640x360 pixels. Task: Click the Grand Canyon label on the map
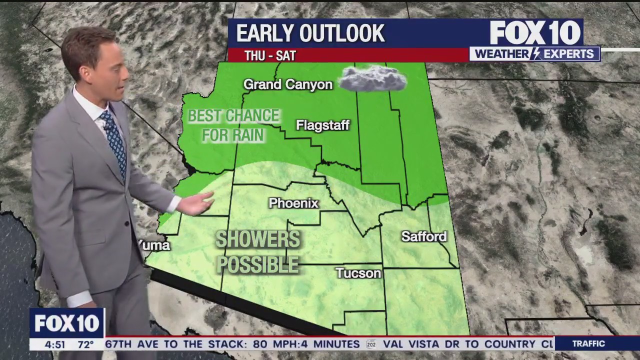(x=288, y=84)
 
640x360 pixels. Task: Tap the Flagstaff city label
(x=322, y=125)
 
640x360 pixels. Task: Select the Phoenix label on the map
(x=293, y=203)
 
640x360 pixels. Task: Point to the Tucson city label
(x=358, y=273)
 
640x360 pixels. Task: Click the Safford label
(x=424, y=236)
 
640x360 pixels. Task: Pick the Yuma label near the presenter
(x=154, y=245)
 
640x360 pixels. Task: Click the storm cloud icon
(x=373, y=79)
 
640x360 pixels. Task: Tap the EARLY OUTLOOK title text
(x=310, y=33)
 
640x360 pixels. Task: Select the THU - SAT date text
(x=270, y=55)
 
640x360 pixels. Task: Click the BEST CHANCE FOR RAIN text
(x=233, y=125)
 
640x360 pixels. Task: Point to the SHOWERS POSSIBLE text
(x=257, y=252)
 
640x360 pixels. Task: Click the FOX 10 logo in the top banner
(x=535, y=33)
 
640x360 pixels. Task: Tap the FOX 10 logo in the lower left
(x=67, y=323)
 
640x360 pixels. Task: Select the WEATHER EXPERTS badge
(x=534, y=54)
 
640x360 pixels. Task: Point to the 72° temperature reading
(x=85, y=344)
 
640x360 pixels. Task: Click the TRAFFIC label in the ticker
(x=588, y=344)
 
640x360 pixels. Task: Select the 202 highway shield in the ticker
(x=371, y=344)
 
